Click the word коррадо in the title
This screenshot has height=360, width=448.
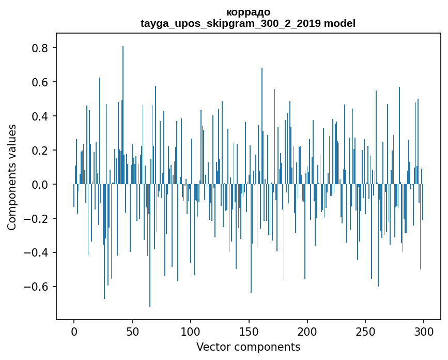click(248, 12)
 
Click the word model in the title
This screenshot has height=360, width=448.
click(340, 23)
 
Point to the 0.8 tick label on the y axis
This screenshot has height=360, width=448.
click(39, 48)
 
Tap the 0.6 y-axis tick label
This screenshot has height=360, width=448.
click(39, 82)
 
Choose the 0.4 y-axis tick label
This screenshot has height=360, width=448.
click(39, 116)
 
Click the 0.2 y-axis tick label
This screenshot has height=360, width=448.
click(39, 150)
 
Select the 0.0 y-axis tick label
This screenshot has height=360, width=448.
click(39, 185)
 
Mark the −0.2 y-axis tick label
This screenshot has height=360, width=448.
click(36, 218)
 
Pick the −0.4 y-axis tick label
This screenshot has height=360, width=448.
click(36, 252)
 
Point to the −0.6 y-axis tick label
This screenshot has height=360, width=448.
click(36, 287)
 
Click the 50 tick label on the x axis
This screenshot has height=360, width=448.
click(132, 332)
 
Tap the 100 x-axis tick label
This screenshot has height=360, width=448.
click(191, 332)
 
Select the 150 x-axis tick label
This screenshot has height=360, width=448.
click(249, 332)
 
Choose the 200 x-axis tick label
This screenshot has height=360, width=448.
click(307, 332)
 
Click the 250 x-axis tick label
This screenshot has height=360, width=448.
click(365, 332)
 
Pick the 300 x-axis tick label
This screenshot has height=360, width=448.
click(424, 332)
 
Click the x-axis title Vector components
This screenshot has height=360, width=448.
click(248, 347)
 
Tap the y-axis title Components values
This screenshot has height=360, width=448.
click(12, 177)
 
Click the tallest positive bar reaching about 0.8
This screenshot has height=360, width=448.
click(123, 115)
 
